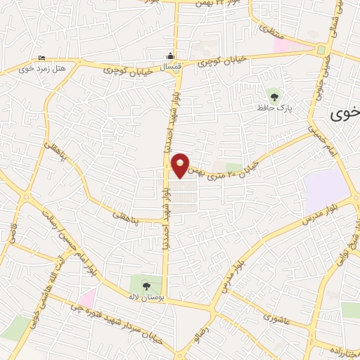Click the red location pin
point(181,165)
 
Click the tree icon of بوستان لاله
point(146,285)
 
